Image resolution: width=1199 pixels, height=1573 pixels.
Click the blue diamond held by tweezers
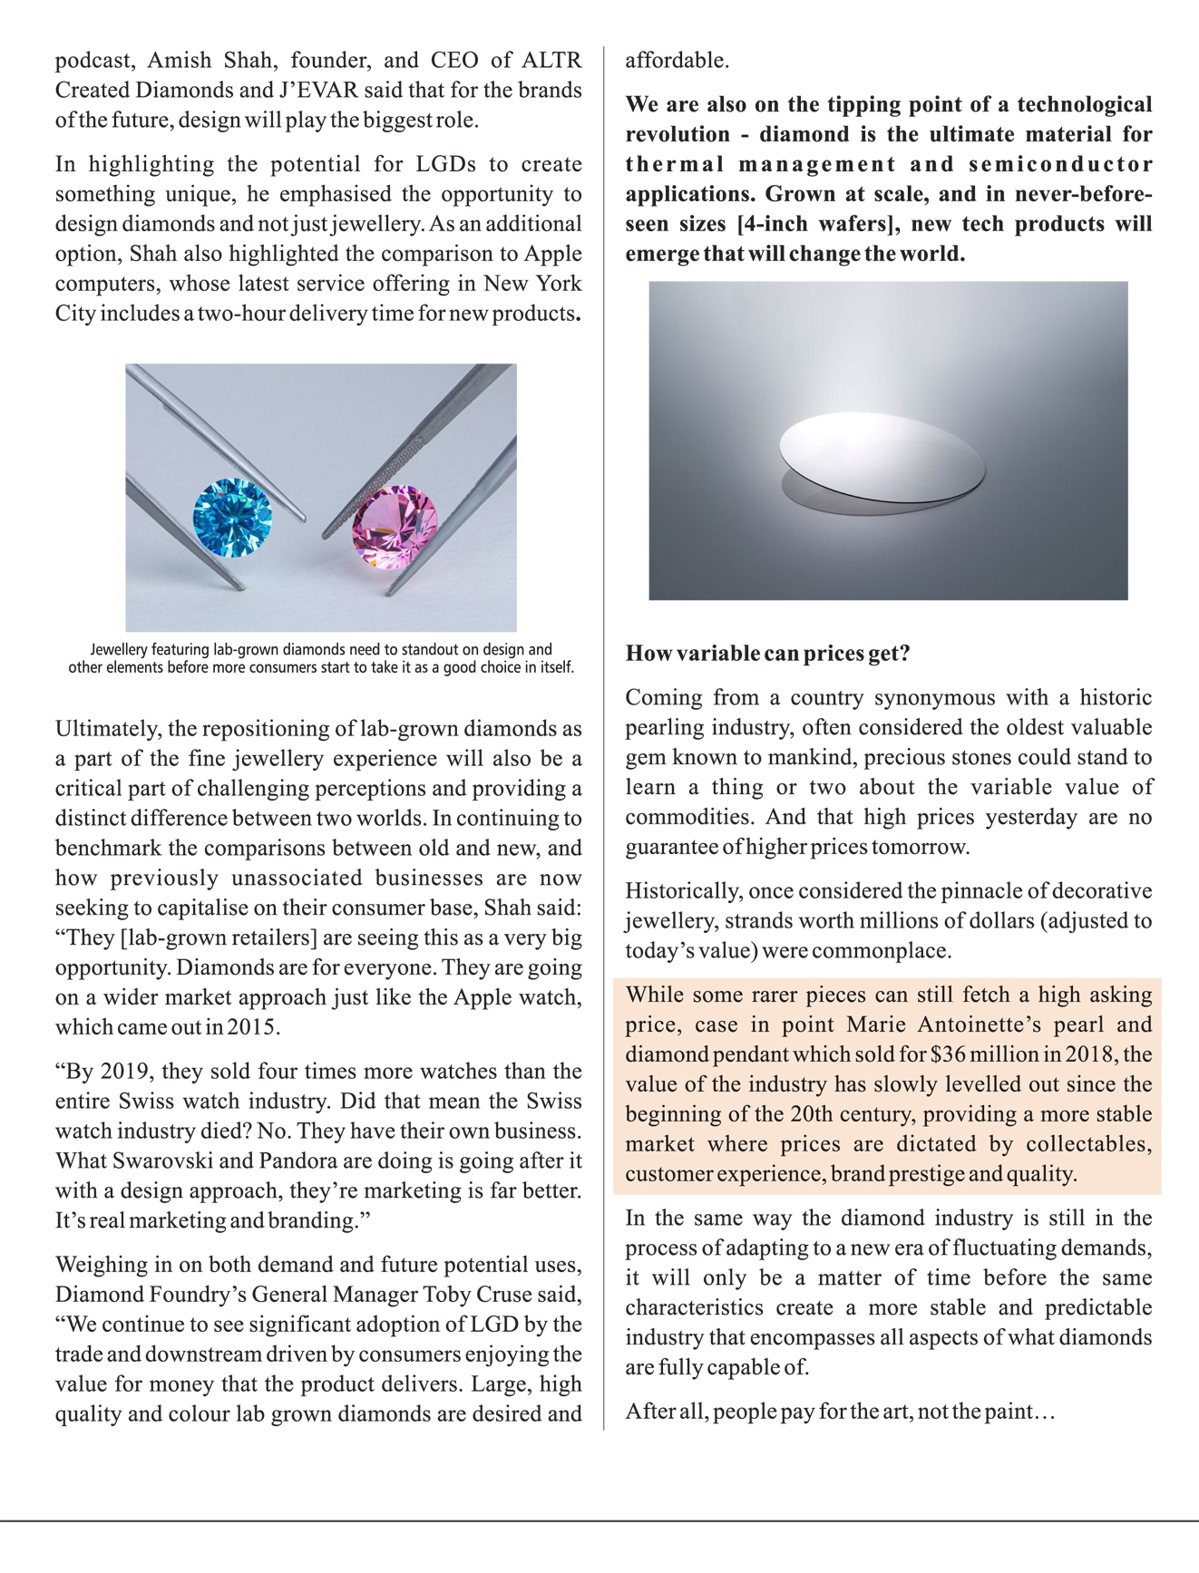[x=232, y=517]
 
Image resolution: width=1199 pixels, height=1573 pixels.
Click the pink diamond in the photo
[x=395, y=528]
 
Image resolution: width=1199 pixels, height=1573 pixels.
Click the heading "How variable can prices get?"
[x=767, y=654]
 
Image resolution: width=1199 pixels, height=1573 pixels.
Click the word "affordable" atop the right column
[x=676, y=61]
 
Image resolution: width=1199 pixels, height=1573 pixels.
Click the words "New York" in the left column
[x=532, y=284]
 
